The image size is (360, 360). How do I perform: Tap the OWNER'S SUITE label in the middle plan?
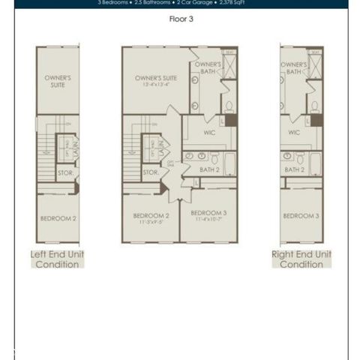(155, 79)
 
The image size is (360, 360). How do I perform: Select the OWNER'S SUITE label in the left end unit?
(58, 81)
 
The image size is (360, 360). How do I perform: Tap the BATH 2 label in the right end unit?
(293, 171)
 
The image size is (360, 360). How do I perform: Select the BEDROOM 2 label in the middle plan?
(151, 217)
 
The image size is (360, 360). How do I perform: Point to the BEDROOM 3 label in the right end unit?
(301, 216)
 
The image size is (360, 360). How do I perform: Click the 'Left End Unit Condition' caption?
(58, 259)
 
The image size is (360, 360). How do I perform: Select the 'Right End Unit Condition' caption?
(301, 259)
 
